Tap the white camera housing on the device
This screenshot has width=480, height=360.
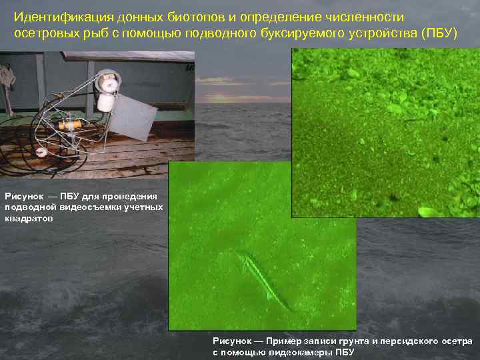pyautogui.click(x=106, y=93)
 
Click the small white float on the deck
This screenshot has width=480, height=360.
pyautogui.click(x=42, y=151)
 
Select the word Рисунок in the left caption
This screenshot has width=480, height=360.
pyautogui.click(x=24, y=196)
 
